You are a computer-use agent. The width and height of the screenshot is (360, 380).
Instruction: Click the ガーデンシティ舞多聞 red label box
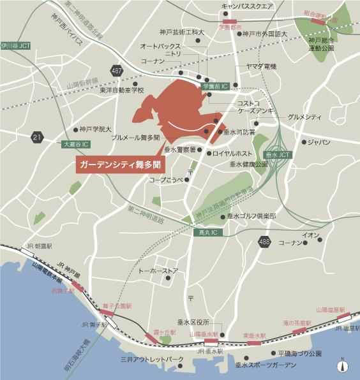pos(119,164)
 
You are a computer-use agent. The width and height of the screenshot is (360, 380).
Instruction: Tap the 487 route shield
pos(116,70)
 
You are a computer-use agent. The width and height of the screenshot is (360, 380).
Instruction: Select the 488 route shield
pos(265,241)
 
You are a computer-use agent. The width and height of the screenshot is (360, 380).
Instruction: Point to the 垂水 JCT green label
pos(278,155)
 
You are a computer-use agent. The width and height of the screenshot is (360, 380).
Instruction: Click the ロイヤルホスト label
pos(232,154)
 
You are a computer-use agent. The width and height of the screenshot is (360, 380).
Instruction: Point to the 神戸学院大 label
pos(96,129)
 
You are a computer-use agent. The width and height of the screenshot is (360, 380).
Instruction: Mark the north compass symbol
pos(343,366)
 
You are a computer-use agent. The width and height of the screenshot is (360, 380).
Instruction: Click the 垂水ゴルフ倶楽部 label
pos(253,216)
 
